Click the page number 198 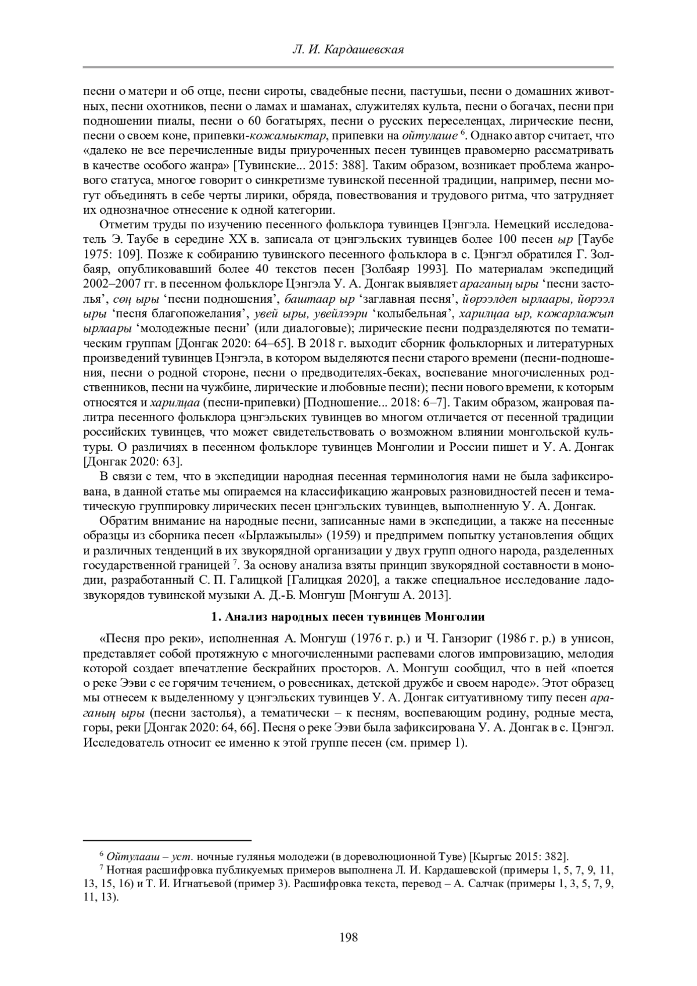[348, 937]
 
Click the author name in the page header [348, 50]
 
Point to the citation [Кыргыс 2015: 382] [519, 856]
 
